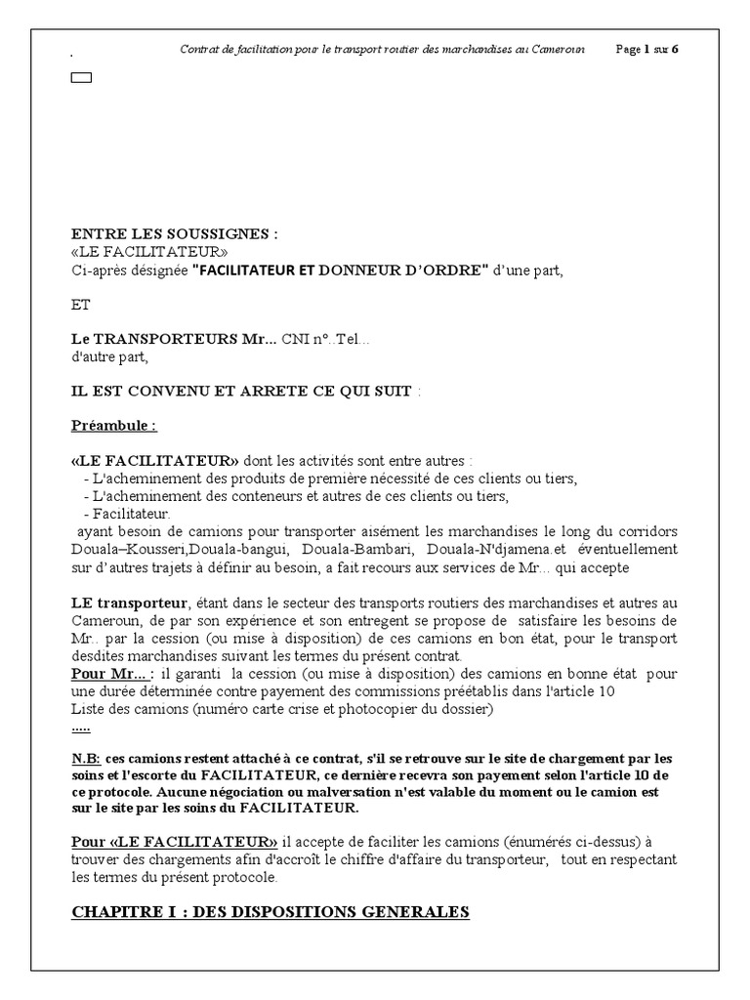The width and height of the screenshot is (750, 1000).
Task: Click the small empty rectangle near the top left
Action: pos(81,78)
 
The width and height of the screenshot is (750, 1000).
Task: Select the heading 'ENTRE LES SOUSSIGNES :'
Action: pos(175,234)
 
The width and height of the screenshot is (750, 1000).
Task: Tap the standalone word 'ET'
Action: pos(81,305)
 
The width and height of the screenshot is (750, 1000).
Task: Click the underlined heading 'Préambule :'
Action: pos(114,426)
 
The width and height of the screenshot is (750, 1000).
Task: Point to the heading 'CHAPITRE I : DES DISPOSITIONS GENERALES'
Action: pos(271,912)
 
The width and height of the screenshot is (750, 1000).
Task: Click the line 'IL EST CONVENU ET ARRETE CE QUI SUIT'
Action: pos(241,391)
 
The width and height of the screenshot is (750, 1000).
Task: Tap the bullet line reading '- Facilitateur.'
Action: pos(127,513)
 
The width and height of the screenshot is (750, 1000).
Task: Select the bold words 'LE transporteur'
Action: pos(126,603)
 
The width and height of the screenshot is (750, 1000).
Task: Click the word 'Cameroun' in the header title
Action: pos(560,50)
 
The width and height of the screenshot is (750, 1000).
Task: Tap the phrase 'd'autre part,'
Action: pos(109,356)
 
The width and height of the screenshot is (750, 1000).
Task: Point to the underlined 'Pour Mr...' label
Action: pos(111,674)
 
